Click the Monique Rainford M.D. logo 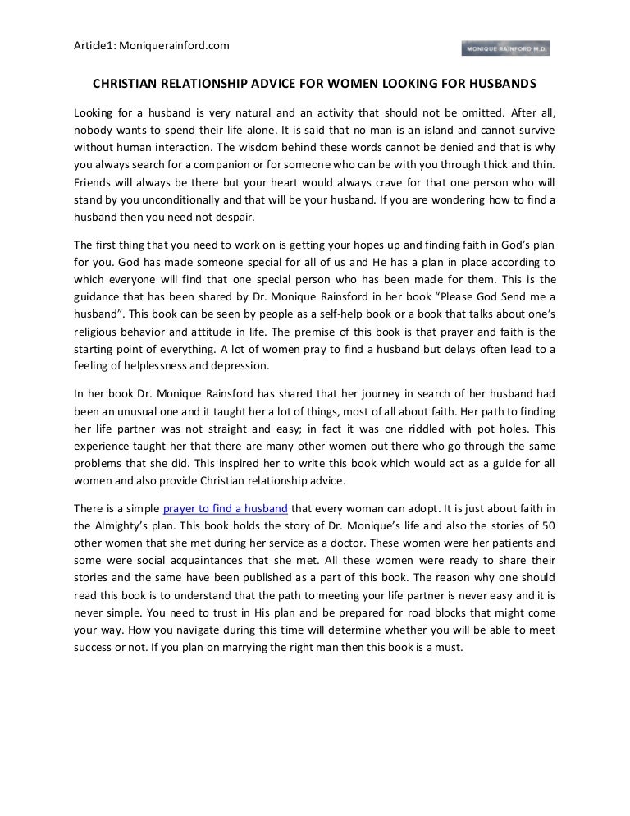[x=505, y=48]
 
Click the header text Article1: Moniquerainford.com [x=152, y=45]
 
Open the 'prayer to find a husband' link [x=225, y=509]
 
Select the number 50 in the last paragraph [x=548, y=526]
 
